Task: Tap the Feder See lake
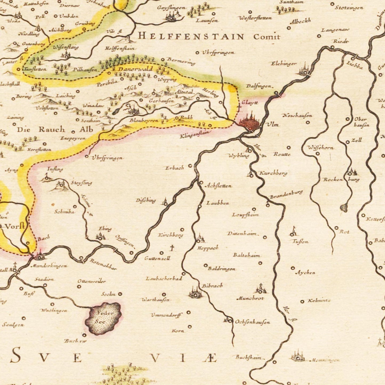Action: coord(104,318)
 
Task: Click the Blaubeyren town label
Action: coord(144,120)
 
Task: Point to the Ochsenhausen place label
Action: coord(252,322)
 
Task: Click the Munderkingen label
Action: coord(49,266)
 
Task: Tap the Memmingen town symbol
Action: coord(298,356)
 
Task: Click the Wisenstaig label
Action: coord(66,47)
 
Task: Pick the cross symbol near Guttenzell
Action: coord(172,248)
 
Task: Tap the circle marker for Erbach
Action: coord(190,166)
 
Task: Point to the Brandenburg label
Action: coord(286,195)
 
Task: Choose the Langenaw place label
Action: coord(335,30)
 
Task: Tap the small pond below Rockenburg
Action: coord(344,207)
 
